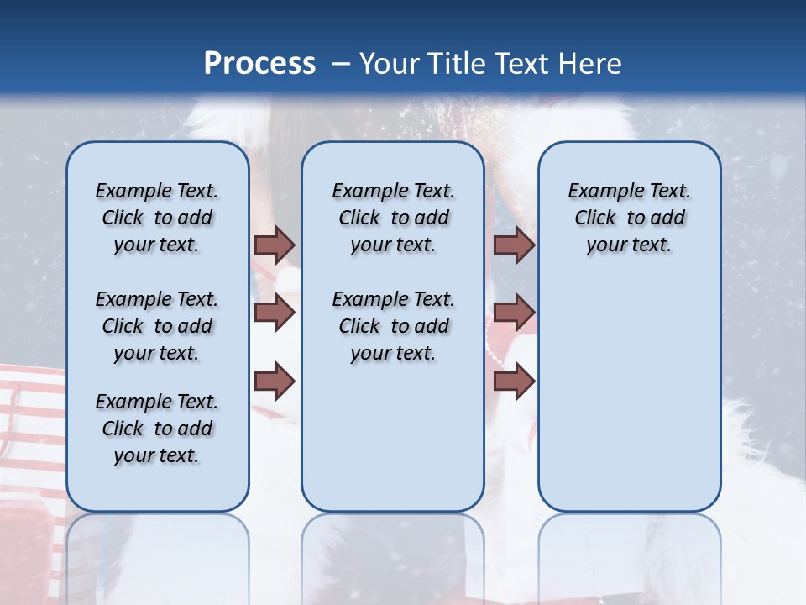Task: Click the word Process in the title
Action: pos(259,63)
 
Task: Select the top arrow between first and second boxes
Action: pos(275,245)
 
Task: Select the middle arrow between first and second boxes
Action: pos(275,313)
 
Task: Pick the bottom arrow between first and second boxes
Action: pos(275,381)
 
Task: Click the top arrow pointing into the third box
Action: pos(514,245)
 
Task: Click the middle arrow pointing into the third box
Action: pos(514,313)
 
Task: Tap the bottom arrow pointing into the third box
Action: pos(514,381)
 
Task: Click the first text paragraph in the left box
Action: pos(157,218)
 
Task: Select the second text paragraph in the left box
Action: pos(157,326)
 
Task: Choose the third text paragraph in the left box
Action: pos(157,429)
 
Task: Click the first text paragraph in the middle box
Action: pos(393,218)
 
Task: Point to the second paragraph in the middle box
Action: pos(393,326)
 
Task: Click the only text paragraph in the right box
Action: pos(629,218)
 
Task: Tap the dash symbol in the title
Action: pos(341,64)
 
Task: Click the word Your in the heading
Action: pos(390,63)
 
